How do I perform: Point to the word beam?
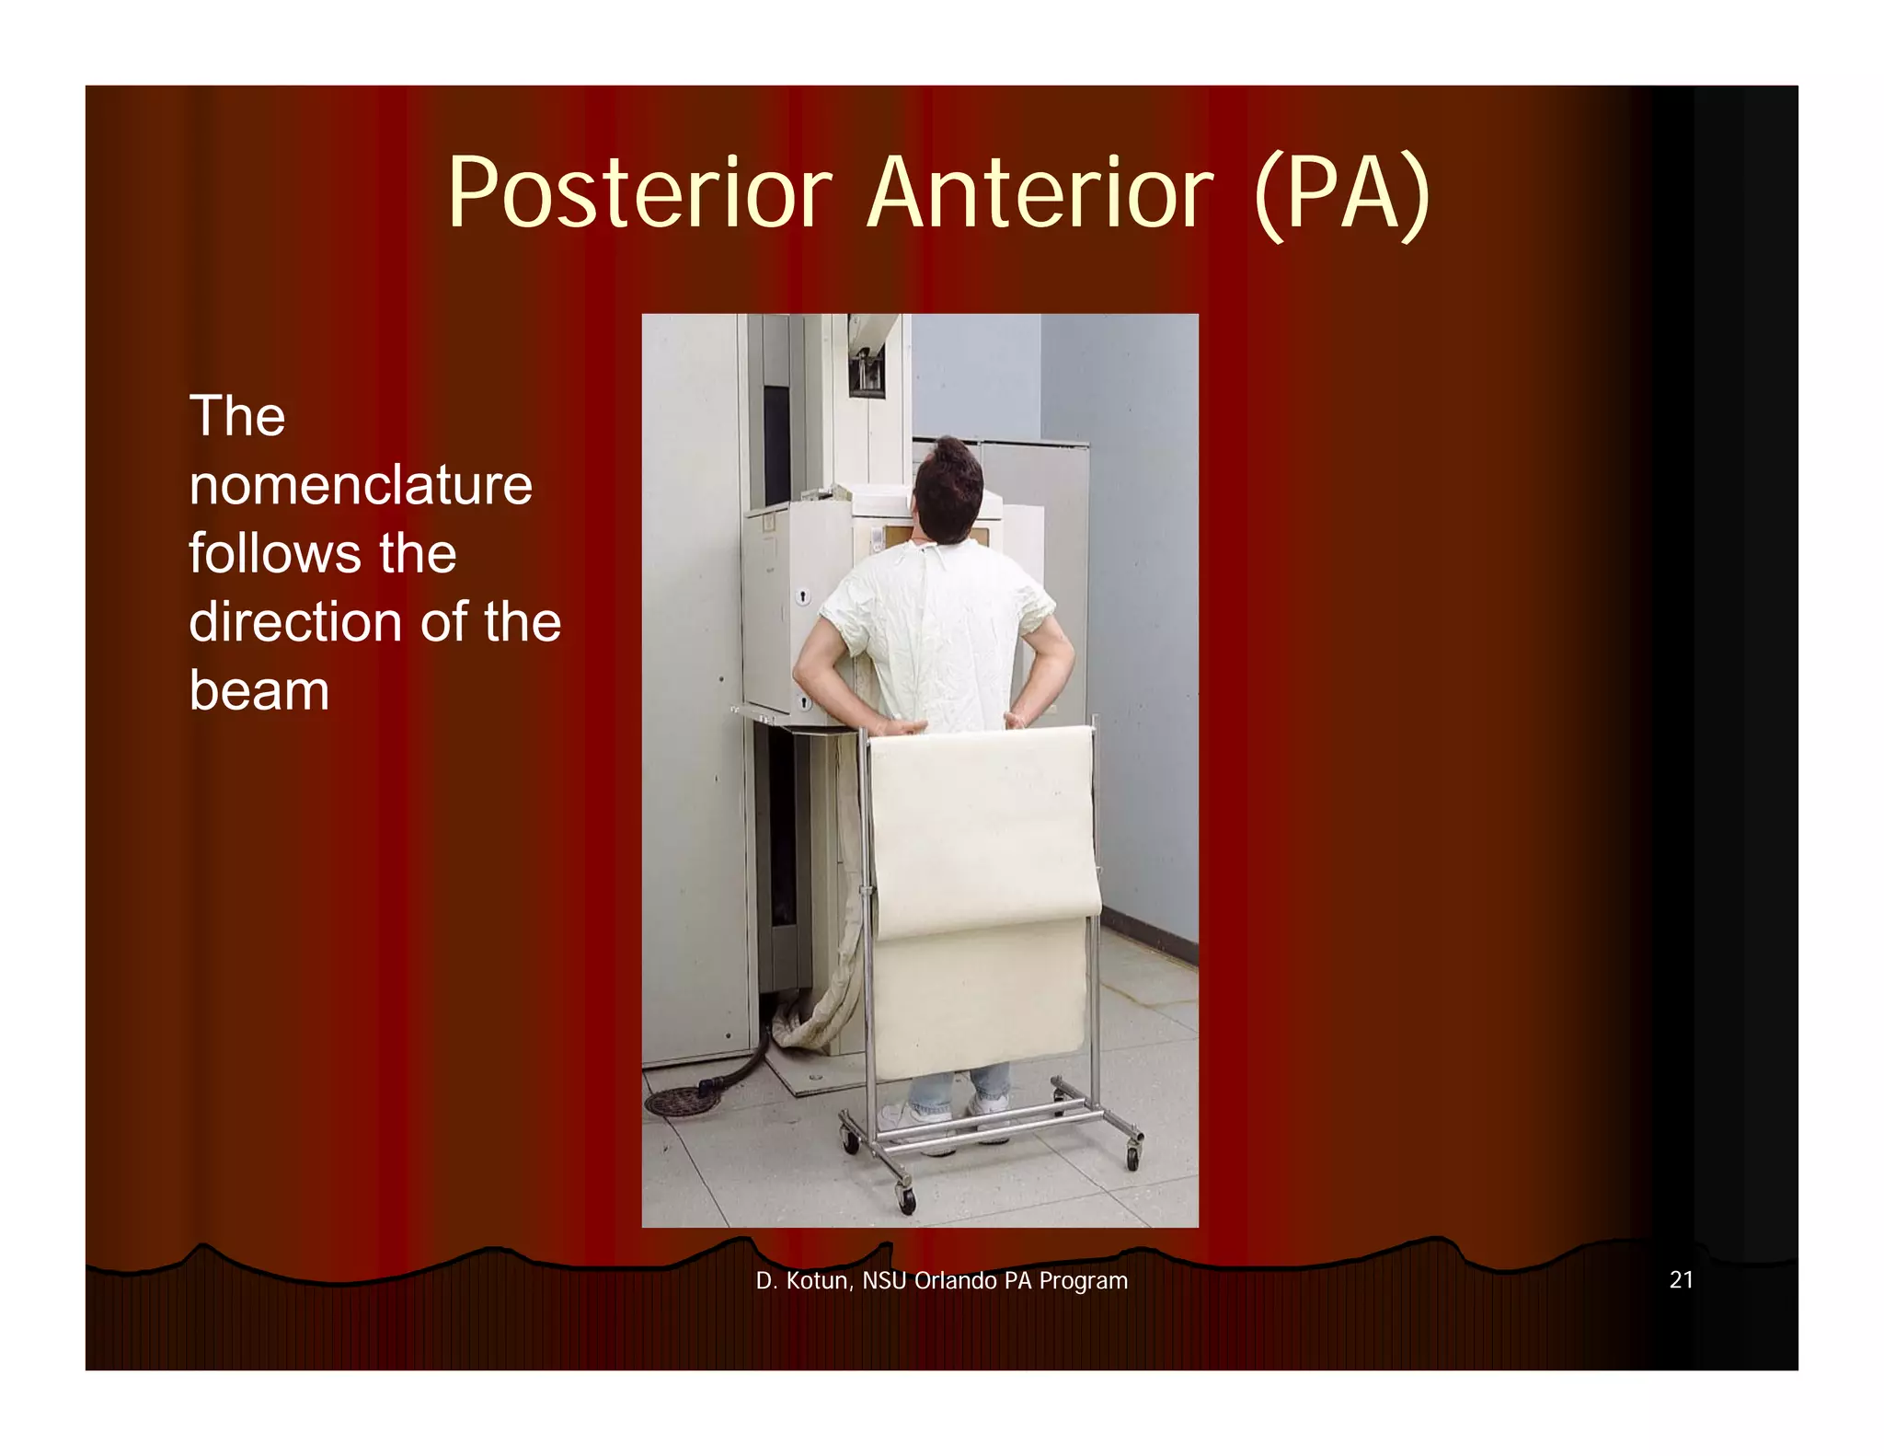click(258, 690)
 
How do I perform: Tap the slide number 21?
click(1681, 1279)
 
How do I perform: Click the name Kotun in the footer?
click(816, 1280)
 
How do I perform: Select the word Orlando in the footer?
click(955, 1280)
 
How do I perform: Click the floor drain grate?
click(679, 1102)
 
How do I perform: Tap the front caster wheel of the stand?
click(907, 1198)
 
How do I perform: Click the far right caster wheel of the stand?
click(1132, 1155)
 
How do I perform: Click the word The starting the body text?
click(237, 416)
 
